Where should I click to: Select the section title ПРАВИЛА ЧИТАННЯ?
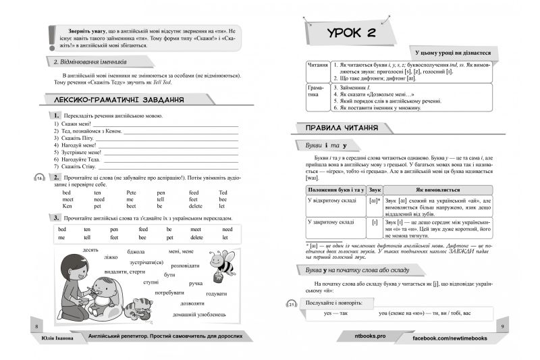click(x=342, y=128)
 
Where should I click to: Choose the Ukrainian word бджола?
click(x=137, y=251)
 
